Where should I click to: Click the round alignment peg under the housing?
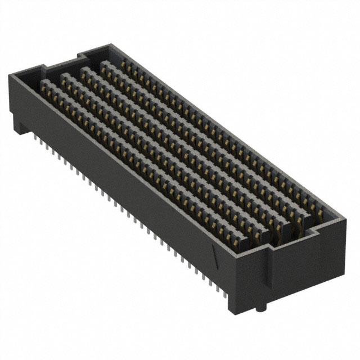click(x=260, y=308)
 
